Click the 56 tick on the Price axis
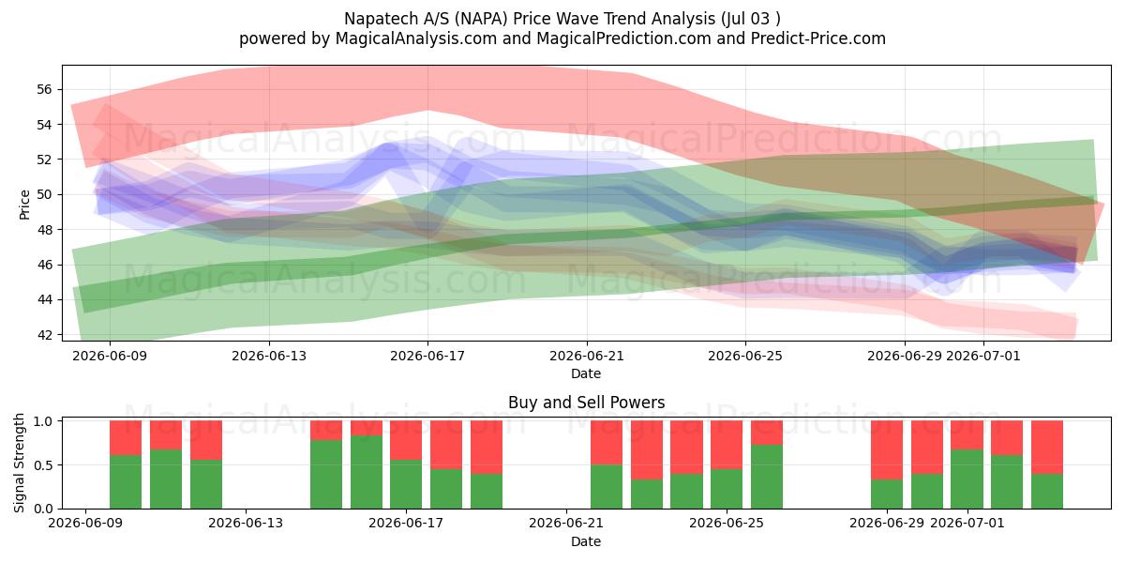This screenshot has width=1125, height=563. point(44,89)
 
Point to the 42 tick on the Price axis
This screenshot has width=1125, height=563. point(44,335)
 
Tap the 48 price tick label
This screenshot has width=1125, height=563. point(44,230)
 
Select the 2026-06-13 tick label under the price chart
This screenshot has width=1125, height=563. point(269,356)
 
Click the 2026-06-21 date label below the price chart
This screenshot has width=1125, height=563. point(587,356)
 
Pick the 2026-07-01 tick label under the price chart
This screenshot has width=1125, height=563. point(983,356)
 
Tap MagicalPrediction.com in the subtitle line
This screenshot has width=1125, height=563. point(623,38)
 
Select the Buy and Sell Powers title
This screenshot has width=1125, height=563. point(586,403)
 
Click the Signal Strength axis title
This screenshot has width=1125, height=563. point(19,463)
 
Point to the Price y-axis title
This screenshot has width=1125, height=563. point(24,205)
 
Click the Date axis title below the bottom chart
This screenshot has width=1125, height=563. point(586,541)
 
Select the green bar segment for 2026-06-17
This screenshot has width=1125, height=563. point(406,484)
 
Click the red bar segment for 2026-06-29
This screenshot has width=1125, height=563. point(887,449)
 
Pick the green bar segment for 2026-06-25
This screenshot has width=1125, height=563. point(767,477)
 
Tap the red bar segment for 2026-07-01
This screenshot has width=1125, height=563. point(967,435)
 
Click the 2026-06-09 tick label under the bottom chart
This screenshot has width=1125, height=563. point(85,523)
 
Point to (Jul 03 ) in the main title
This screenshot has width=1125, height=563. point(750,19)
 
